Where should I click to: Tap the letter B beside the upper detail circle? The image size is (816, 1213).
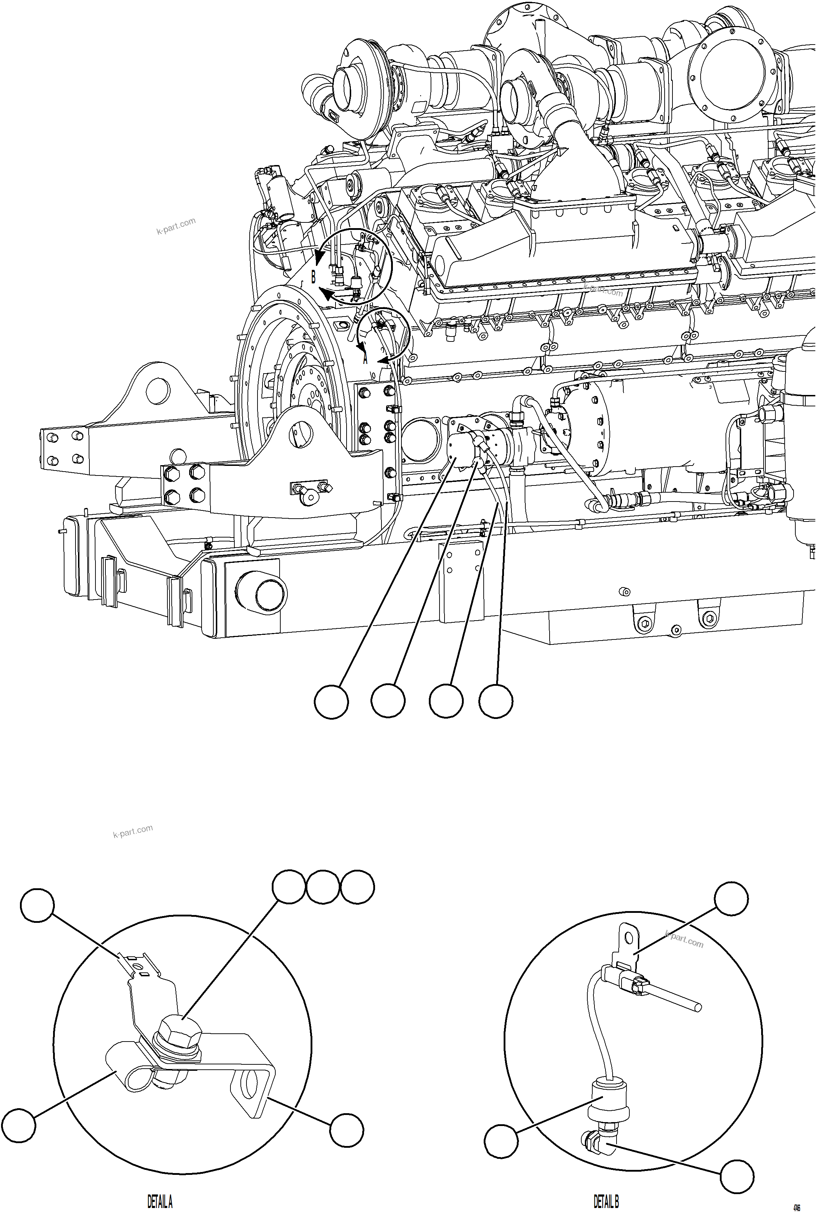pyautogui.click(x=313, y=277)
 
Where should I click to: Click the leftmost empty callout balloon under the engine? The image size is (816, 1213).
pyautogui.click(x=332, y=702)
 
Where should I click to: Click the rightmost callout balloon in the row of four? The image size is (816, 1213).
pyautogui.click(x=496, y=702)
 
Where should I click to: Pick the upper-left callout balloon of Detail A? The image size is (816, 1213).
pyautogui.click(x=37, y=905)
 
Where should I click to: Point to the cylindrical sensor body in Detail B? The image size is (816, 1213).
pyautogui.click(x=607, y=1099)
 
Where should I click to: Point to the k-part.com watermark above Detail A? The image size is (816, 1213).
pyautogui.click(x=133, y=831)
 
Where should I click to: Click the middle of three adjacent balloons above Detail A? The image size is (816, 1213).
pyautogui.click(x=323, y=886)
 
